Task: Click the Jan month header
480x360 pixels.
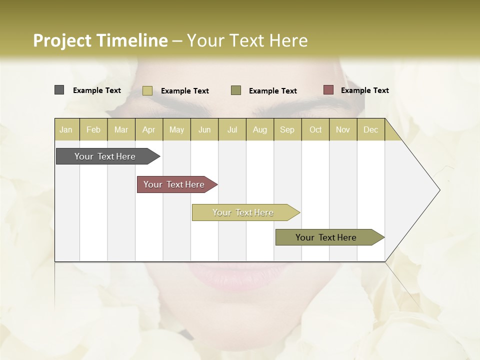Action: point(66,129)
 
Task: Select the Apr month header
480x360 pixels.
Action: point(149,129)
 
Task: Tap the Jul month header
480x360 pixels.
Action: point(232,129)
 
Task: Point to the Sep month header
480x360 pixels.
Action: point(287,129)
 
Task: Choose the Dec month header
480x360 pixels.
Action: point(371,129)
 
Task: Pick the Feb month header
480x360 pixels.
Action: point(93,129)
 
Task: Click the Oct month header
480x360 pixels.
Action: point(315,129)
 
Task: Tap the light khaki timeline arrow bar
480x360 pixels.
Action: point(243,212)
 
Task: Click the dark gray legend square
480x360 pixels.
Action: point(59,90)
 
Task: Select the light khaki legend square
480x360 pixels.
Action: point(147,90)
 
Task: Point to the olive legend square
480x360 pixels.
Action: point(236,90)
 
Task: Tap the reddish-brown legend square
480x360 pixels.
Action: point(328,90)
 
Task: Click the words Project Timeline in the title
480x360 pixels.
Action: point(100,40)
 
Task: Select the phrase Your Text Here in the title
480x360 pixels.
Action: point(247,40)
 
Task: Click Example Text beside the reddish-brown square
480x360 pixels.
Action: point(364,90)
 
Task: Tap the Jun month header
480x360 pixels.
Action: point(204,129)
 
